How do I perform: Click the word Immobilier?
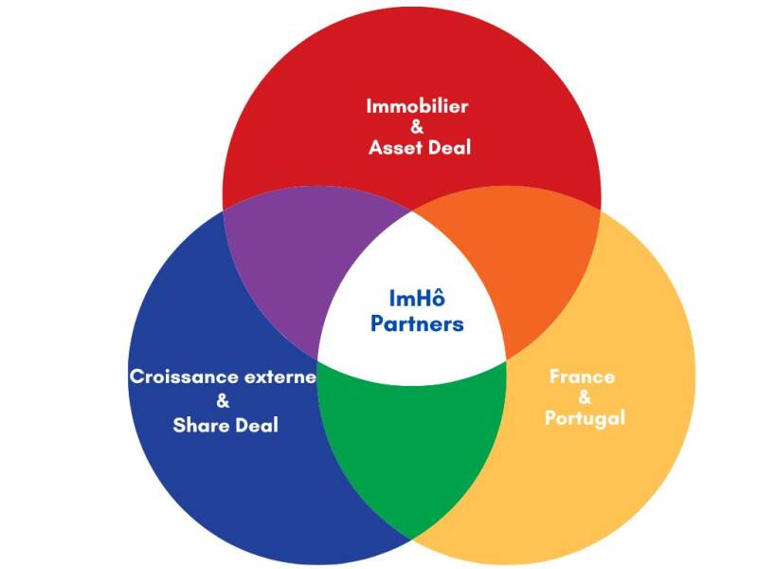pos(417,105)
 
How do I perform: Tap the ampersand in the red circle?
pos(417,126)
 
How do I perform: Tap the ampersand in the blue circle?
pos(224,400)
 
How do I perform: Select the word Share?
pos(200,425)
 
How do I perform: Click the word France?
pos(582,376)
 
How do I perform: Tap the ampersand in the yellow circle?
pos(584,396)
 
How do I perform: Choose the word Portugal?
pos(585,417)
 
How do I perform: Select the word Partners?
pos(417,323)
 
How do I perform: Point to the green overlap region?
pos(412,446)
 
